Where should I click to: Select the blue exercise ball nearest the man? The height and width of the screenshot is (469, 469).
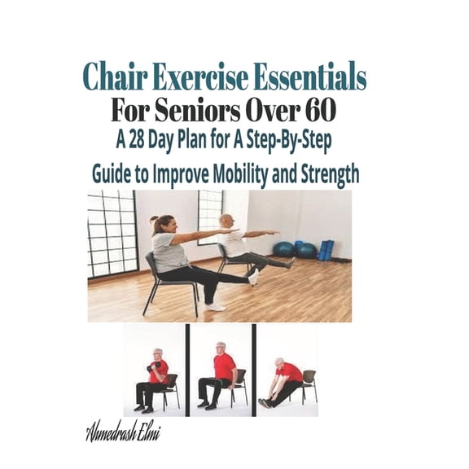point(284,249)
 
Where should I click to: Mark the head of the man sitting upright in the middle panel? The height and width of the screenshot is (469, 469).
point(220,349)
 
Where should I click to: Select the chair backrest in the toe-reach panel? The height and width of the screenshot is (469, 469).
point(309,375)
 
